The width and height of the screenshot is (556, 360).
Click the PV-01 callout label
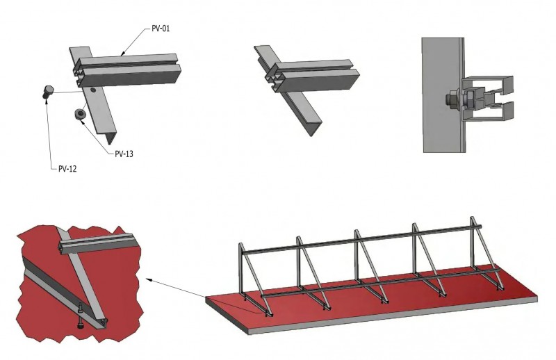(161, 28)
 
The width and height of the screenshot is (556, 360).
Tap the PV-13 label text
(124, 153)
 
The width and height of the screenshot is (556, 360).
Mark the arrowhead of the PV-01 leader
(122, 53)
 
